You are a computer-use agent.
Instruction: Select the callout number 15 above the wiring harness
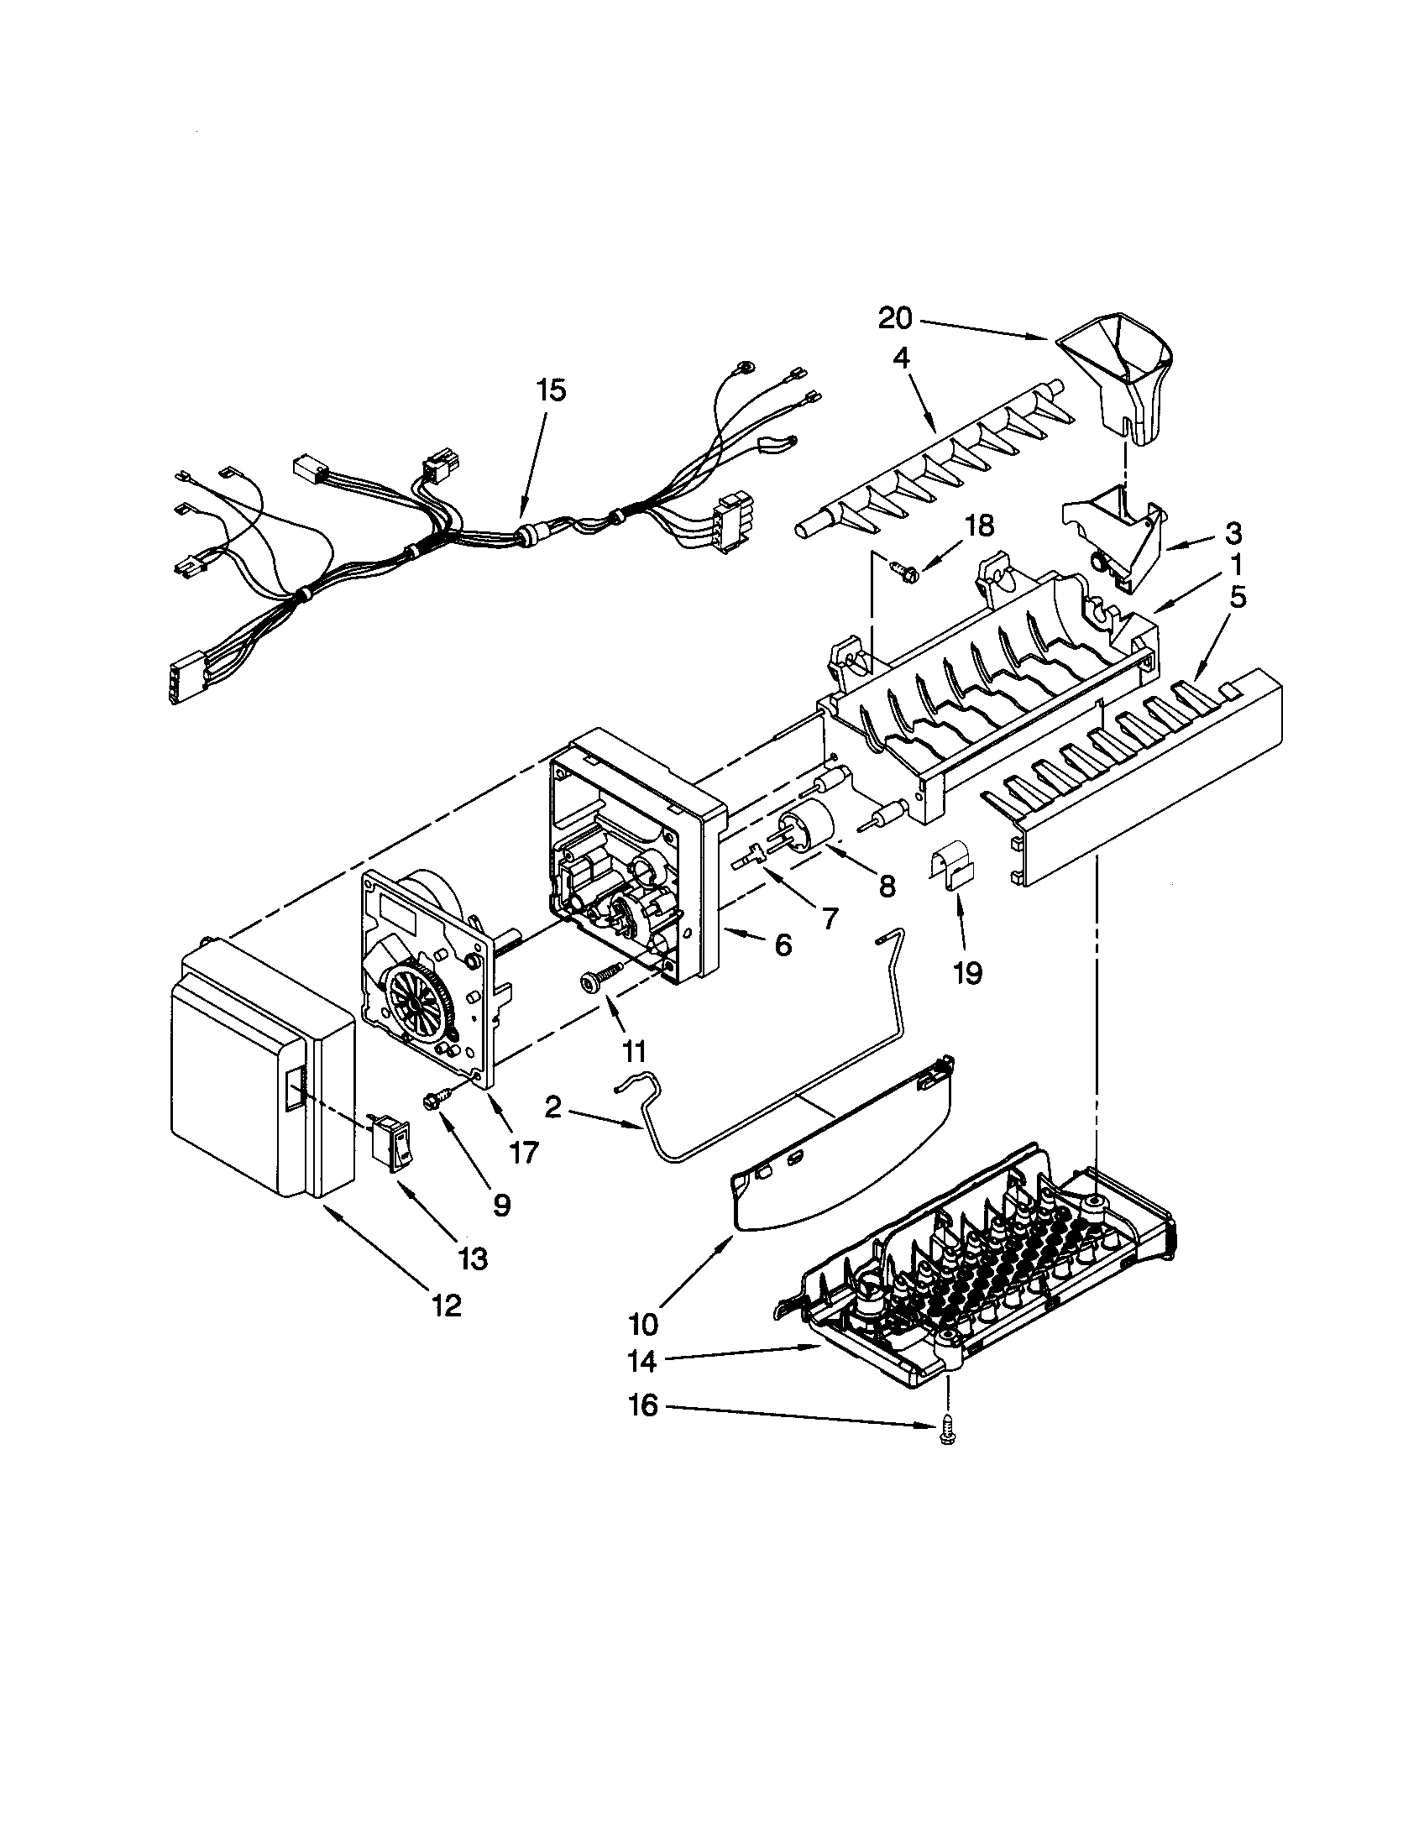pyautogui.click(x=551, y=391)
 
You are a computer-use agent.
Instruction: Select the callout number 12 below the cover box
pyautogui.click(x=448, y=1305)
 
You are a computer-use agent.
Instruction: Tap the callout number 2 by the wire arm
pyautogui.click(x=552, y=1107)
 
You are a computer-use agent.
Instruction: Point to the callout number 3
pyautogui.click(x=1233, y=534)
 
